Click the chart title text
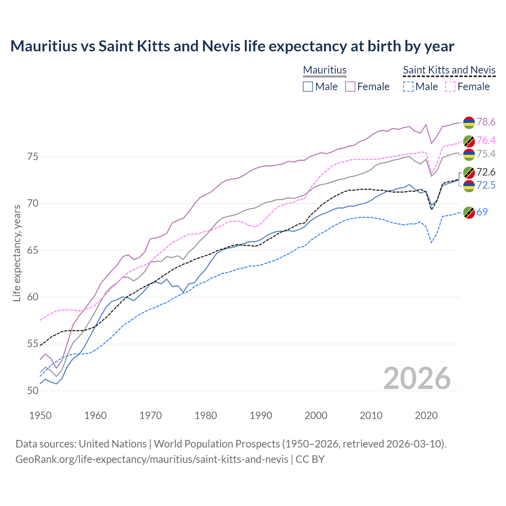[x=232, y=46]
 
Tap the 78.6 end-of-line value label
[x=486, y=122]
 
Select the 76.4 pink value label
[x=486, y=140]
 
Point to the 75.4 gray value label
[x=486, y=154]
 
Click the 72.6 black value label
[x=486, y=172]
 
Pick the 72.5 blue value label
[x=486, y=185]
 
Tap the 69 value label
[x=482, y=212]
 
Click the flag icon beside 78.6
[x=469, y=122]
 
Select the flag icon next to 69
[x=469, y=212]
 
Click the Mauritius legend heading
[x=325, y=70]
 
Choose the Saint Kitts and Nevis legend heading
[x=449, y=70]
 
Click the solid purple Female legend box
[x=350, y=87]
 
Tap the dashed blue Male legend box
[x=408, y=87]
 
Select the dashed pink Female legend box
[x=451, y=87]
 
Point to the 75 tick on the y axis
[x=33, y=157]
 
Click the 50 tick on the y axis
[x=33, y=391]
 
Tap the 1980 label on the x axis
[x=206, y=415]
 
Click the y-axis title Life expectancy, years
[x=17, y=253]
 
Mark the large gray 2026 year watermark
[x=417, y=378]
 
